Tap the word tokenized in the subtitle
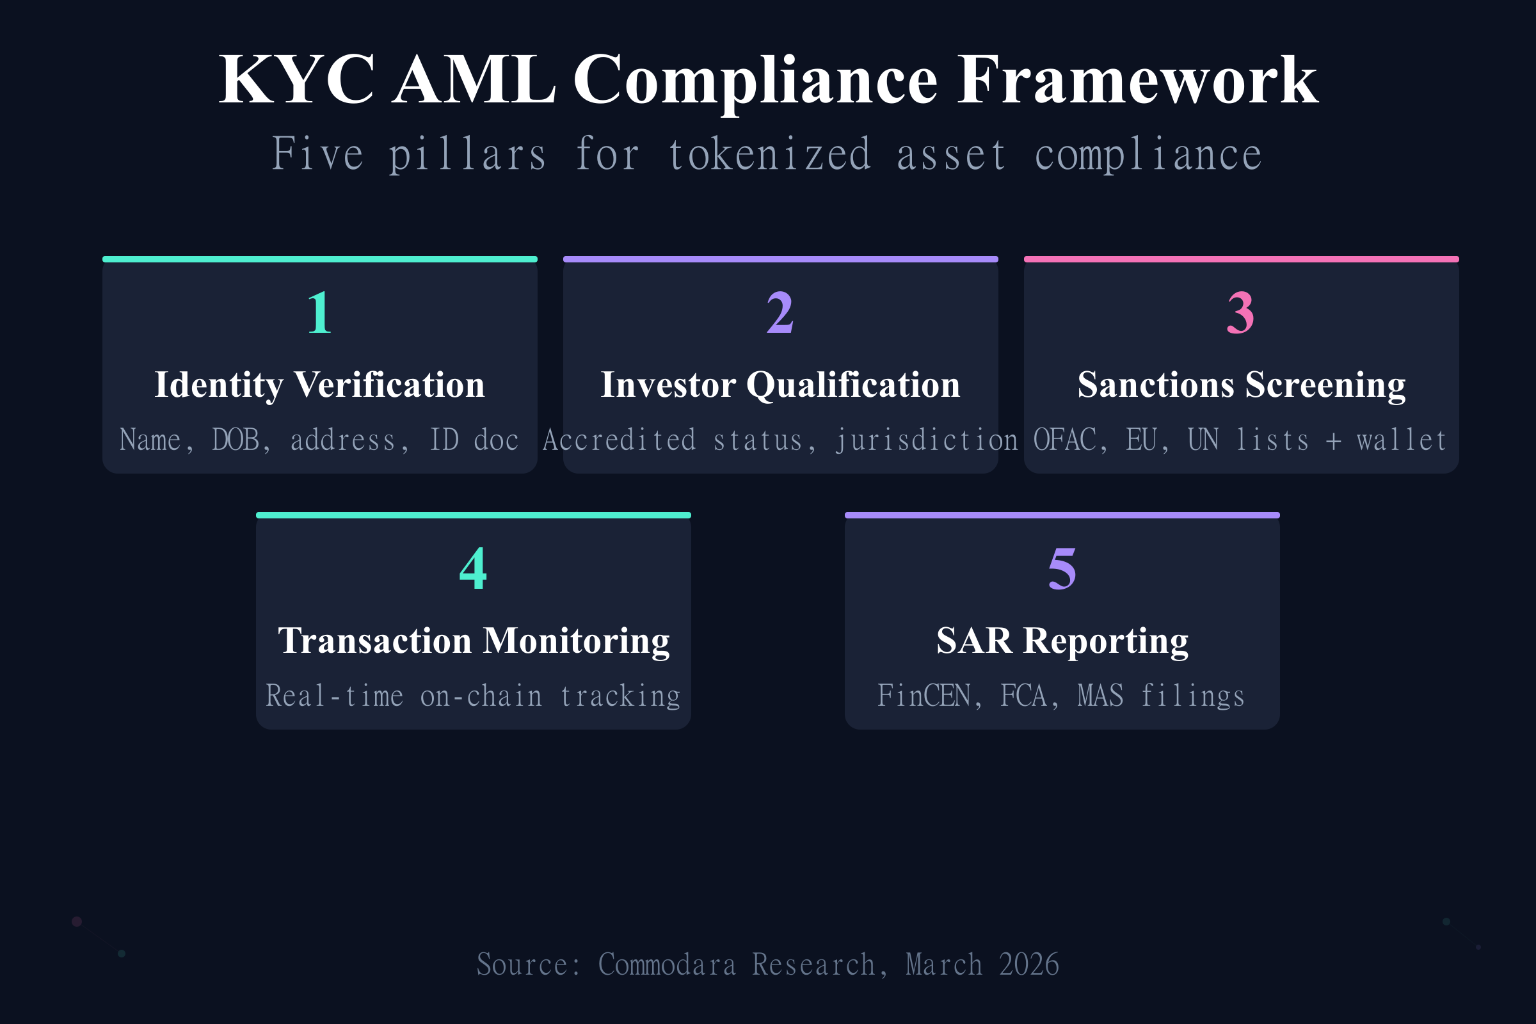[x=770, y=155]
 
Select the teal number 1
[x=319, y=313]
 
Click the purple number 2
[x=780, y=313]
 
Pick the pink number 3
[x=1241, y=313]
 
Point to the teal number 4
[x=474, y=569]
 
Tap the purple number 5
[x=1062, y=569]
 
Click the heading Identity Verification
[x=319, y=385]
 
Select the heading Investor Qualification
[x=780, y=385]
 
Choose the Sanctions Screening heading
[x=1241, y=385]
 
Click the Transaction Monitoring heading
[x=474, y=641]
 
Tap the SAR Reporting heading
[x=1062, y=641]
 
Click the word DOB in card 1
[x=236, y=440]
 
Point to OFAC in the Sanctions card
[x=1064, y=440]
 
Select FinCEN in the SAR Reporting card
[x=924, y=696]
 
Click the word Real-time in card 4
[x=334, y=696]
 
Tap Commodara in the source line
[x=667, y=964]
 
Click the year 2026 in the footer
[x=1028, y=964]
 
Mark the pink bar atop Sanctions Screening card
[x=1241, y=259]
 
